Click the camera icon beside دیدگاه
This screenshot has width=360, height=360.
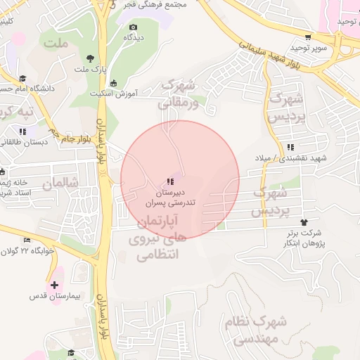pos(134,27)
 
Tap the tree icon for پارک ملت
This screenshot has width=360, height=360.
pos(89,59)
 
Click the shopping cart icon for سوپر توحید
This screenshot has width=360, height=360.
pos(307,37)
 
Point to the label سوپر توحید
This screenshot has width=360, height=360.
pos(311,48)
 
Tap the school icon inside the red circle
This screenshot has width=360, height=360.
pos(169,182)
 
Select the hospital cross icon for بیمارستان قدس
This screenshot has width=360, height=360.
pos(55,285)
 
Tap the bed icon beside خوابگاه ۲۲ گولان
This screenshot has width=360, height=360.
pos(27,240)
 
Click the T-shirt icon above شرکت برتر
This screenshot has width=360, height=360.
pos(304,221)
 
